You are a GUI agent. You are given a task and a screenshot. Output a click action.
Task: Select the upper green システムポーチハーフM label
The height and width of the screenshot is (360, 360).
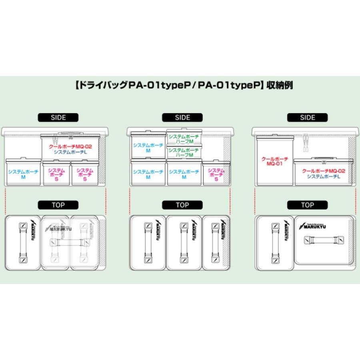pyautogui.click(x=184, y=139)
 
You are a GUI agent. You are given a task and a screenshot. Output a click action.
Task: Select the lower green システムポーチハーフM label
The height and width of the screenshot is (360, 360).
pyautogui.click(x=184, y=152)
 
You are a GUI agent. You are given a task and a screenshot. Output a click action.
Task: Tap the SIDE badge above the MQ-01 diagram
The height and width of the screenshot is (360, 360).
pyautogui.click(x=307, y=118)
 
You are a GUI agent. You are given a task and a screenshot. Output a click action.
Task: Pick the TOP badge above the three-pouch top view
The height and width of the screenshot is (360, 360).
pyautogui.click(x=182, y=205)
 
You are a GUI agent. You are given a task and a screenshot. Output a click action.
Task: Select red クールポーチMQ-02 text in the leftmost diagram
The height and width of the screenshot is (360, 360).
pyautogui.click(x=70, y=146)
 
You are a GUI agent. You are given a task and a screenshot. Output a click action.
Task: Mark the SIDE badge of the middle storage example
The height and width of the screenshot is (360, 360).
pyautogui.click(x=182, y=118)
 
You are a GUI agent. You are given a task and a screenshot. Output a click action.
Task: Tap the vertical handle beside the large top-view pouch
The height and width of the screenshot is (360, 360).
pyautogui.click(x=274, y=243)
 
